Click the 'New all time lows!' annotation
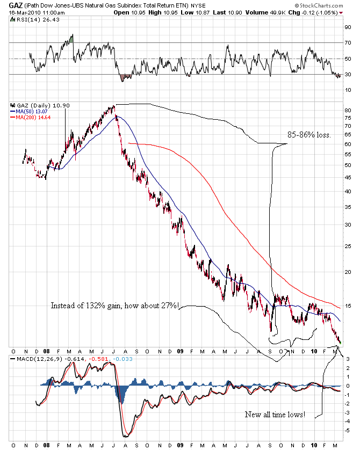click(x=275, y=414)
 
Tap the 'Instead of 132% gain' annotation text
click(x=115, y=306)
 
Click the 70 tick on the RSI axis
click(x=348, y=42)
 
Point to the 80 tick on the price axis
click(x=348, y=110)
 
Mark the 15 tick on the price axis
click(x=348, y=306)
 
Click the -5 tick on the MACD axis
click(x=348, y=430)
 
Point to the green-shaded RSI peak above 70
click(x=71, y=39)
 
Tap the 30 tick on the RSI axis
click(x=348, y=75)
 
